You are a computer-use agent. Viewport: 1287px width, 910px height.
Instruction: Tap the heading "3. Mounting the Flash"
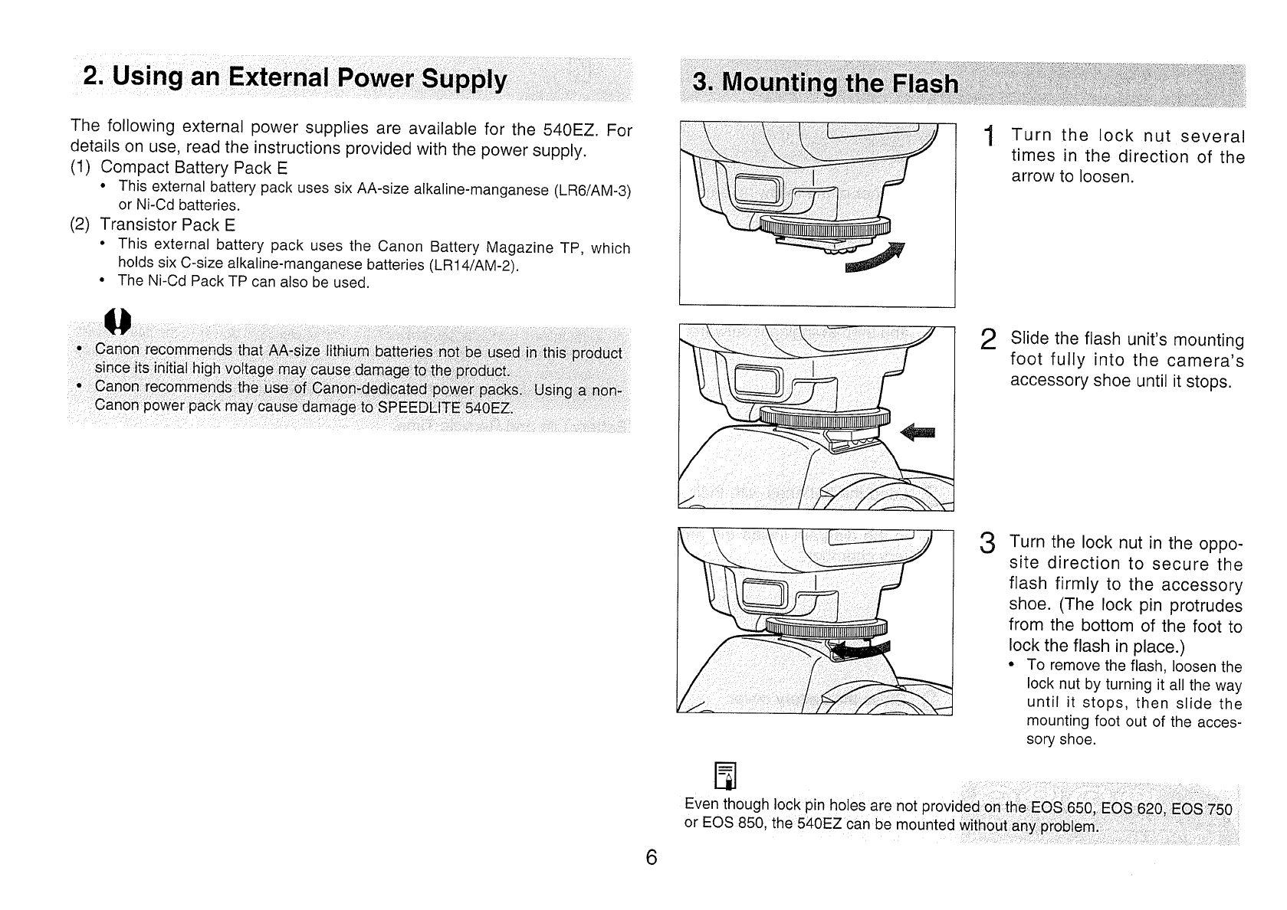(825, 83)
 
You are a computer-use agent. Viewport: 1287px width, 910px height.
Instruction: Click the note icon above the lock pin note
(724, 776)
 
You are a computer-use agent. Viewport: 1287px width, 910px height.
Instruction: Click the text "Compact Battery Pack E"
(194, 168)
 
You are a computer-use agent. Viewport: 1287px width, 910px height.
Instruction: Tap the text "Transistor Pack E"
(168, 225)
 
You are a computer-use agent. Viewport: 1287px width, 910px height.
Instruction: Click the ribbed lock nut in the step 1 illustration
(826, 226)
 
